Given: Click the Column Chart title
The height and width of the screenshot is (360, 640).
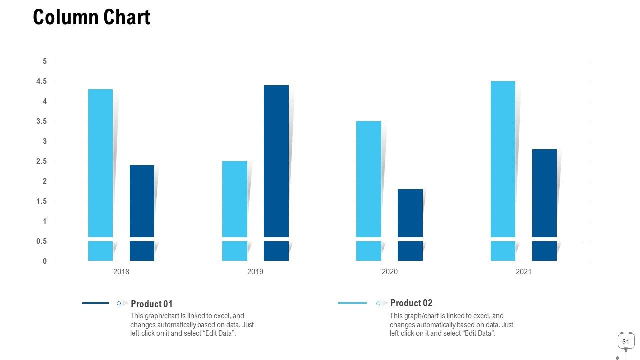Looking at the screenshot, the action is pyautogui.click(x=91, y=17).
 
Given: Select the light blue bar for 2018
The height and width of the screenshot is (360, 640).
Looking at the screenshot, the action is pyautogui.click(x=100, y=175).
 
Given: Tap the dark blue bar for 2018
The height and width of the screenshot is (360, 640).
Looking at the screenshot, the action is pyautogui.click(x=142, y=213).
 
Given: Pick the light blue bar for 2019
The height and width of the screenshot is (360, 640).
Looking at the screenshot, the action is pyautogui.click(x=235, y=211).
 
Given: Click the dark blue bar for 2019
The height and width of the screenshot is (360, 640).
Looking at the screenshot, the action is pyautogui.click(x=276, y=173).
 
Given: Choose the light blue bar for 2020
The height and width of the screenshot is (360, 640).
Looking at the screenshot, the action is pyautogui.click(x=369, y=191).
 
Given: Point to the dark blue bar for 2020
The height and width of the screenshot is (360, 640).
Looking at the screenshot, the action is pyautogui.click(x=410, y=225).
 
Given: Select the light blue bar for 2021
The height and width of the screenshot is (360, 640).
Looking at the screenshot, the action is pyautogui.click(x=503, y=171).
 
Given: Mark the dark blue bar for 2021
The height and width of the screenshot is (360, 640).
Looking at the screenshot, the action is pyautogui.click(x=544, y=205).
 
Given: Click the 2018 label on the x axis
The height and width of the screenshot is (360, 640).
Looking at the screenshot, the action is pyautogui.click(x=121, y=271).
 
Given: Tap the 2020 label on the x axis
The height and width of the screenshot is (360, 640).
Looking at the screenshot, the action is pyautogui.click(x=389, y=271).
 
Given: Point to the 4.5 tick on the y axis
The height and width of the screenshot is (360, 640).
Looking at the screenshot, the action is pyautogui.click(x=41, y=81).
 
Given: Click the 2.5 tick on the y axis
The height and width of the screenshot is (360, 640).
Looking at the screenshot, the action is pyautogui.click(x=41, y=161).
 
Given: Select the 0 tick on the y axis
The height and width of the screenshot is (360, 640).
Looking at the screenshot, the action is pyautogui.click(x=45, y=261).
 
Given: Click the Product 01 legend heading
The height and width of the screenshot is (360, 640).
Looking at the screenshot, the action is pyautogui.click(x=151, y=304).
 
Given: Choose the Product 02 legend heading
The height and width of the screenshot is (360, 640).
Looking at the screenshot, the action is pyautogui.click(x=411, y=303).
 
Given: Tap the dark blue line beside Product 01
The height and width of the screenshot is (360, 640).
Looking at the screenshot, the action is pyautogui.click(x=95, y=303).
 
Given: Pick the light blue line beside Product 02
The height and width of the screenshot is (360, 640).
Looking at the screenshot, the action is pyautogui.click(x=352, y=303).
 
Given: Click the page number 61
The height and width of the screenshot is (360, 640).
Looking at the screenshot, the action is pyautogui.click(x=626, y=342).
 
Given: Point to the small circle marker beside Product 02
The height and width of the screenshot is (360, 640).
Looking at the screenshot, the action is pyautogui.click(x=378, y=303).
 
